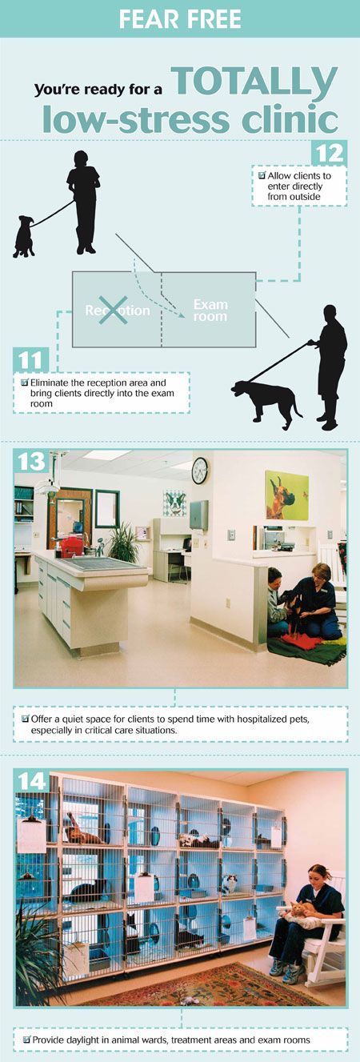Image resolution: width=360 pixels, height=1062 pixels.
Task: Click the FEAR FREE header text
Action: (x=180, y=18)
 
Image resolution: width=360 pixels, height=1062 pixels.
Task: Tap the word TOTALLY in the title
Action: (x=254, y=81)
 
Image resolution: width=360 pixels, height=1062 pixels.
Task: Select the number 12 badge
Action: (x=328, y=153)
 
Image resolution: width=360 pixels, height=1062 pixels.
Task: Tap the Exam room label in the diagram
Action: (x=210, y=311)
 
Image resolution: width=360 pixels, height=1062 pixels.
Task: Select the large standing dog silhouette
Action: (x=264, y=400)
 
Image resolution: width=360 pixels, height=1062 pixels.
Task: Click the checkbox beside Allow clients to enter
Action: (x=262, y=174)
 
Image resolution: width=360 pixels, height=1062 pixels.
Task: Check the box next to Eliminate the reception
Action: (x=25, y=383)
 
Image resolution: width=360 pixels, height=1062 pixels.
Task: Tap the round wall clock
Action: (x=199, y=470)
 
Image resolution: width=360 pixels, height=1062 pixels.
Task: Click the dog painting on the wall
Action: (x=287, y=495)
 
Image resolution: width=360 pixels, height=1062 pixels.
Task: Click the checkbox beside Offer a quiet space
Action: (x=26, y=718)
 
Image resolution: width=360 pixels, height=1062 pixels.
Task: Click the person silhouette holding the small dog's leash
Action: (x=83, y=199)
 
